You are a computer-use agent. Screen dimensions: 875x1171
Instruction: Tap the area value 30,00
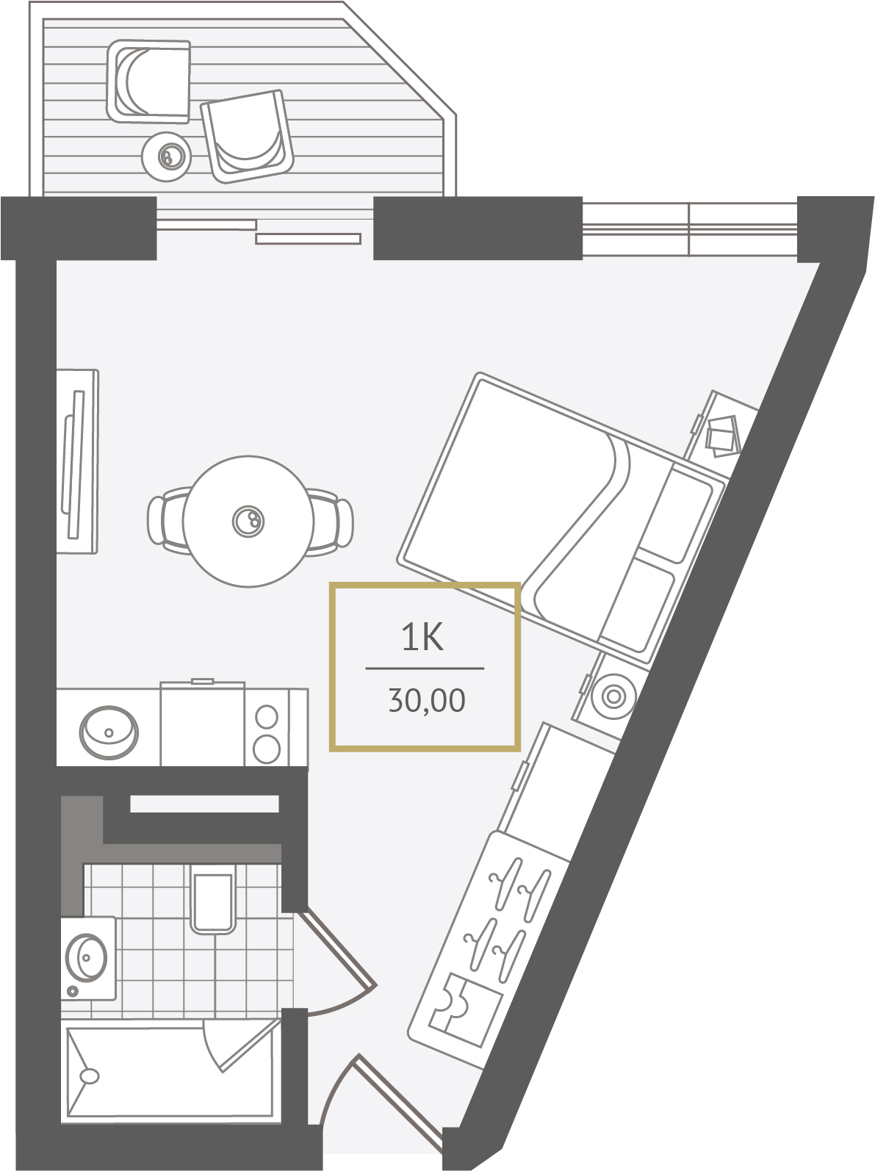tap(427, 700)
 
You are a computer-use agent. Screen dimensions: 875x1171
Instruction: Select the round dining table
tap(248, 521)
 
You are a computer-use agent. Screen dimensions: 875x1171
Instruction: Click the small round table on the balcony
tap(167, 157)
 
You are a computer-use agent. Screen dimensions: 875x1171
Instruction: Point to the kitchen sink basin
tap(109, 732)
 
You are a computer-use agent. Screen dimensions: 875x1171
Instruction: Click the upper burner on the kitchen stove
tap(266, 717)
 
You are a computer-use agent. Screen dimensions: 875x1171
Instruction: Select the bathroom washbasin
tap(86, 958)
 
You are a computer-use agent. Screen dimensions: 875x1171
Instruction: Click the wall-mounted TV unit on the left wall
tap(77, 461)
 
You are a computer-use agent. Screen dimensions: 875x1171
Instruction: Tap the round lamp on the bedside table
tap(613, 696)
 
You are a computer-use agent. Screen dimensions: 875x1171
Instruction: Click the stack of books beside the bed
tap(723, 436)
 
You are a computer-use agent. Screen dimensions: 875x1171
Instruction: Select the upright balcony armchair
tap(148, 81)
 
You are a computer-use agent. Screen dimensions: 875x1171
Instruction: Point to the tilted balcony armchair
tap(248, 137)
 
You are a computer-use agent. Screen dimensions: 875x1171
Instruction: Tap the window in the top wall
tap(690, 229)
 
